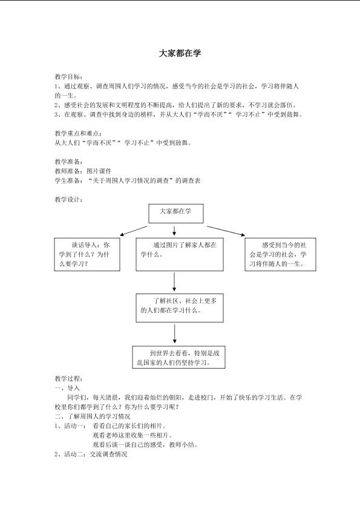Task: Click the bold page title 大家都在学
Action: (180, 53)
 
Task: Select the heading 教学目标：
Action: (68, 77)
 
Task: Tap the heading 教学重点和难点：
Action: (78, 133)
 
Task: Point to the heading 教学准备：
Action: (68, 162)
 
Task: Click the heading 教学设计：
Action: (68, 200)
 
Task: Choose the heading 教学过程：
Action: (68, 378)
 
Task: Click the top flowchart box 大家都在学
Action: (176, 213)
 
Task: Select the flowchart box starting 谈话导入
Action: (87, 254)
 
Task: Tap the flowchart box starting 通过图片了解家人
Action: (180, 254)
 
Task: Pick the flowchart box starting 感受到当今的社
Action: (280, 254)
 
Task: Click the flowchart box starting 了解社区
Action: (180, 307)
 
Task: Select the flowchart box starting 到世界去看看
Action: (178, 357)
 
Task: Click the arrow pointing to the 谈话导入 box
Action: (134, 231)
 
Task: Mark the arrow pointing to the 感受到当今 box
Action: (226, 231)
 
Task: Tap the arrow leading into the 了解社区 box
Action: (174, 282)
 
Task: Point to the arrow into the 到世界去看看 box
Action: (175, 333)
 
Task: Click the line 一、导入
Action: (67, 388)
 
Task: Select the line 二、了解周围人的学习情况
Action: (93, 416)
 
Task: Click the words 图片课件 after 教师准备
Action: (99, 171)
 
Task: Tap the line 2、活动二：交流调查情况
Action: (91, 454)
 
